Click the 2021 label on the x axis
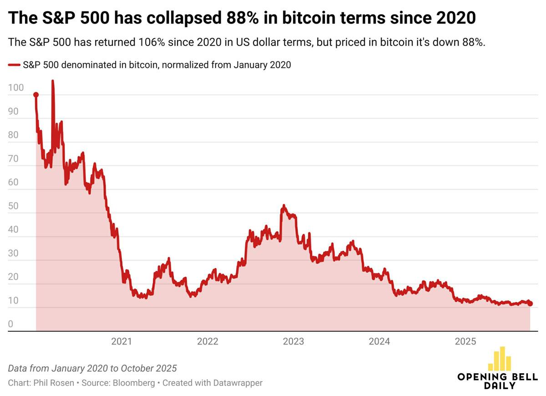(121, 341)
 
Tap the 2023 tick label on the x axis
(293, 341)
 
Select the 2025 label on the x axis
(465, 341)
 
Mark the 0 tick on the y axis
(11, 324)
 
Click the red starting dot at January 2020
(36, 95)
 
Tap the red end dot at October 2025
(530, 304)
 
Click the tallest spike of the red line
(52, 81)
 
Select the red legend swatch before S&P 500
(14, 65)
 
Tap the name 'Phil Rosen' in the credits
(55, 383)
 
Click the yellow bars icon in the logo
(499, 359)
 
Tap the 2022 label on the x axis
(207, 341)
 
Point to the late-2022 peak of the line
(283, 206)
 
